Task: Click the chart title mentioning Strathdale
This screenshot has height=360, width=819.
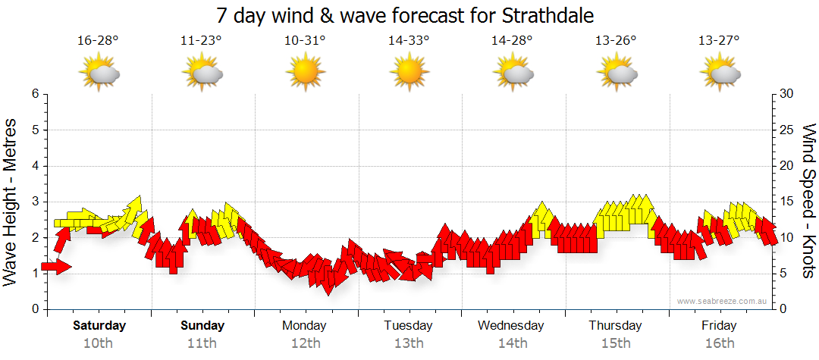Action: [405, 16]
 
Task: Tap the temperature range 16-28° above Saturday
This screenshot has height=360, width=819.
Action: [98, 41]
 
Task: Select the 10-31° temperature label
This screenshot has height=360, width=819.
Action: [305, 41]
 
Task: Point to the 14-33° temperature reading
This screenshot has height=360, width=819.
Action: [409, 41]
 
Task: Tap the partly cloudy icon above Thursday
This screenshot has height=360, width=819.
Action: [616, 73]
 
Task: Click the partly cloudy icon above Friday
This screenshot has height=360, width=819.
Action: [719, 73]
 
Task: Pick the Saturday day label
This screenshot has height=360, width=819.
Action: [99, 326]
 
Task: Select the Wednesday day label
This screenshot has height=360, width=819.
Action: [511, 326]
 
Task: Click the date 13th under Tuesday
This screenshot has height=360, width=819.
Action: [408, 343]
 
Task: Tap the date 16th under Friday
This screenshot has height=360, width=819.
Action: [719, 343]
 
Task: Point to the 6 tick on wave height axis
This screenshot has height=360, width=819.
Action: [35, 94]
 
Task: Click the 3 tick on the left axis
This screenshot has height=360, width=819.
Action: [35, 202]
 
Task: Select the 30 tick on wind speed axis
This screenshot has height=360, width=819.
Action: [788, 94]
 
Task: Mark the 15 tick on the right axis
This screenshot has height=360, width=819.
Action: [788, 202]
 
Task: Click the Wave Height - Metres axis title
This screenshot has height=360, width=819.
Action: [12, 202]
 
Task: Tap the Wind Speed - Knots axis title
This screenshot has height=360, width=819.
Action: [808, 202]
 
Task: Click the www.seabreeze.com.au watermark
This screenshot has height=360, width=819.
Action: [723, 302]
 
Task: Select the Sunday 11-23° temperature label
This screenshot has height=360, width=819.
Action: [201, 41]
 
